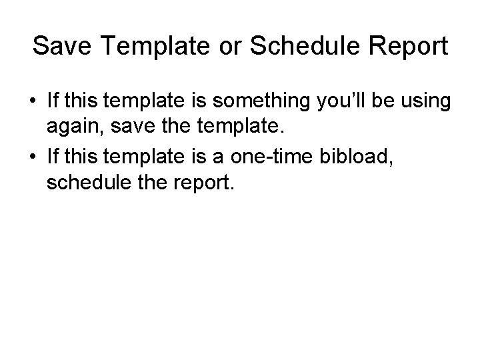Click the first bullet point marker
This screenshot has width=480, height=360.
[x=33, y=103]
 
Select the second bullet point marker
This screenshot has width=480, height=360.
[x=33, y=157]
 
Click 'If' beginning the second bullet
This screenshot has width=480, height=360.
[x=53, y=157]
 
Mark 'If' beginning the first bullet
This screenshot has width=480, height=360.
[x=53, y=103]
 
